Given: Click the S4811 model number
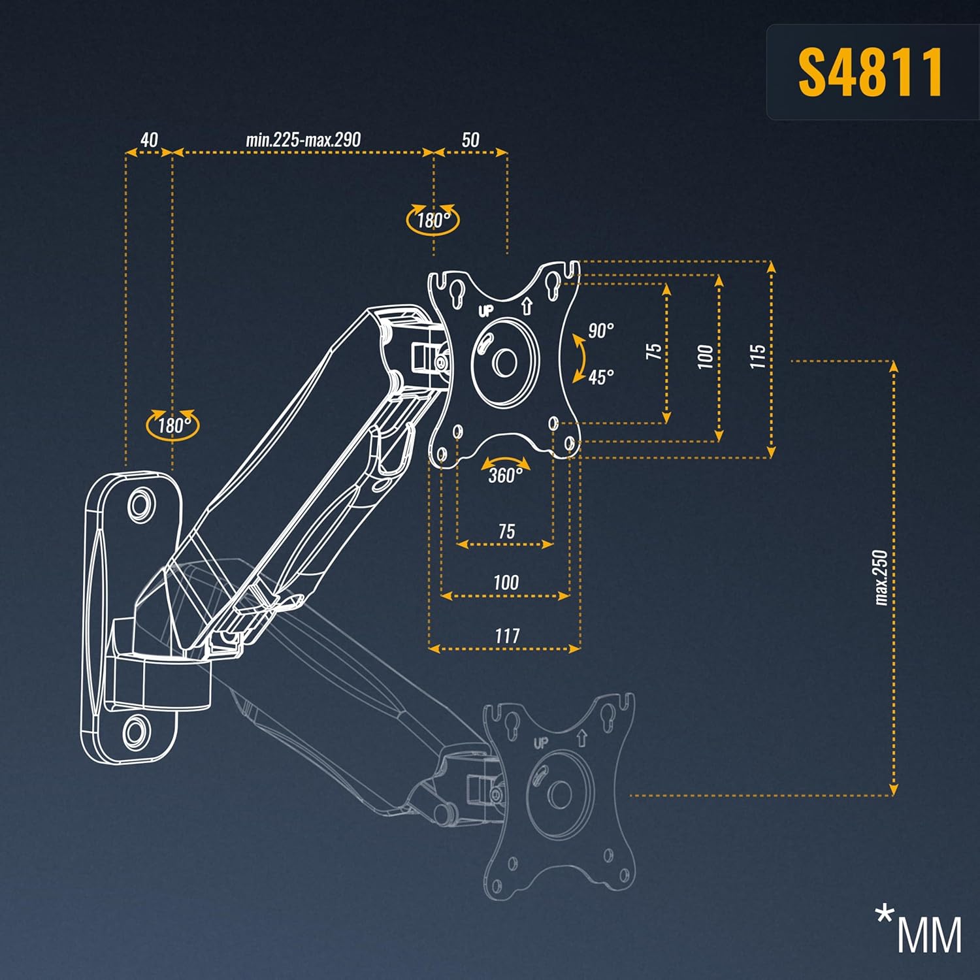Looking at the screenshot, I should coord(870,73).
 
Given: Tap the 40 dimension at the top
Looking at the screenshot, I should coord(149,140).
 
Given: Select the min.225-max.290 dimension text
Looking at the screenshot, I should coord(303,140).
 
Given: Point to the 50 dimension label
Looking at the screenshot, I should coord(470,140).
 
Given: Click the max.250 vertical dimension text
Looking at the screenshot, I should coord(881,578).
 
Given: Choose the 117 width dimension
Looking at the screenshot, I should coord(506,635).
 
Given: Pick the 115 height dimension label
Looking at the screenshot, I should coord(757,357).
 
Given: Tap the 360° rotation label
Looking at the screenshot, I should coord(505,475).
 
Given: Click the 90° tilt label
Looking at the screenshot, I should coord(600,331).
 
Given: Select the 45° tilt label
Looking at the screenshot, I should coord(600,378).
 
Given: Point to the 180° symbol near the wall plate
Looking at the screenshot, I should coord(173,425).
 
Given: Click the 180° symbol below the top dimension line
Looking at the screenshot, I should coord(433,220).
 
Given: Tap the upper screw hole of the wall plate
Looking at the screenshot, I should coord(140,504).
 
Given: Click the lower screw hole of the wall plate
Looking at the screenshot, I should coord(136,730).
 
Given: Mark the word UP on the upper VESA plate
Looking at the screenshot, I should coord(486,311).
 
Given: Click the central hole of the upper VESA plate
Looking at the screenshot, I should coord(504,362).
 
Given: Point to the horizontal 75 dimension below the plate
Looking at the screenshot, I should coord(506,531).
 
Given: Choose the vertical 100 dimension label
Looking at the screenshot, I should coord(706,357).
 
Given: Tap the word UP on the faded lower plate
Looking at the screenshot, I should coord(540,743).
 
